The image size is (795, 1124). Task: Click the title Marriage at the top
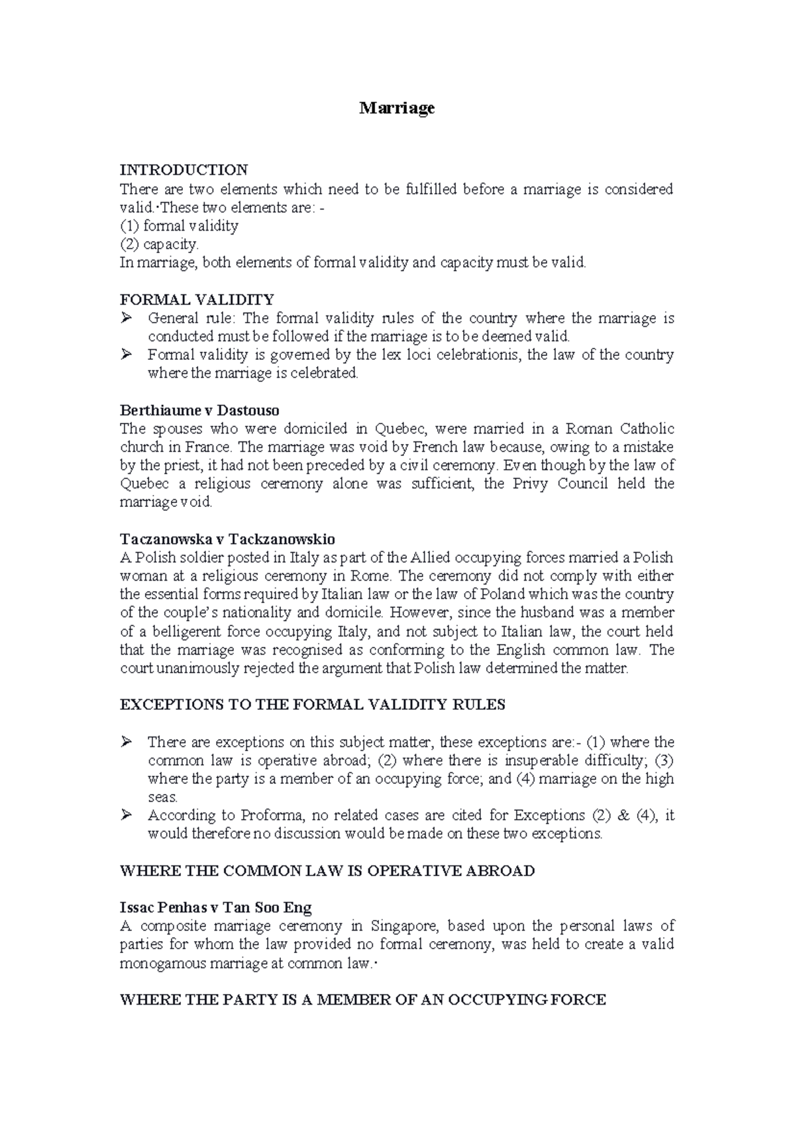pyautogui.click(x=397, y=108)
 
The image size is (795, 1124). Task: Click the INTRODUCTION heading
pyautogui.click(x=184, y=170)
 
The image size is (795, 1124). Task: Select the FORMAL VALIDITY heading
pyautogui.click(x=197, y=300)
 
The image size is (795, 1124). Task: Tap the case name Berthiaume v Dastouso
pyautogui.click(x=199, y=411)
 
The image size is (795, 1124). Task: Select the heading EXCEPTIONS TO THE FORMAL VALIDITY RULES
pyautogui.click(x=312, y=704)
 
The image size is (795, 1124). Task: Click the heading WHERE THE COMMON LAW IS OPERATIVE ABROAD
pyautogui.click(x=327, y=870)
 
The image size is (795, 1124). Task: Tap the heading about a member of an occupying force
pyautogui.click(x=362, y=999)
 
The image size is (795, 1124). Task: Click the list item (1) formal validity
pyautogui.click(x=179, y=226)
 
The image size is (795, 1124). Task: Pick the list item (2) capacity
pyautogui.click(x=159, y=244)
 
